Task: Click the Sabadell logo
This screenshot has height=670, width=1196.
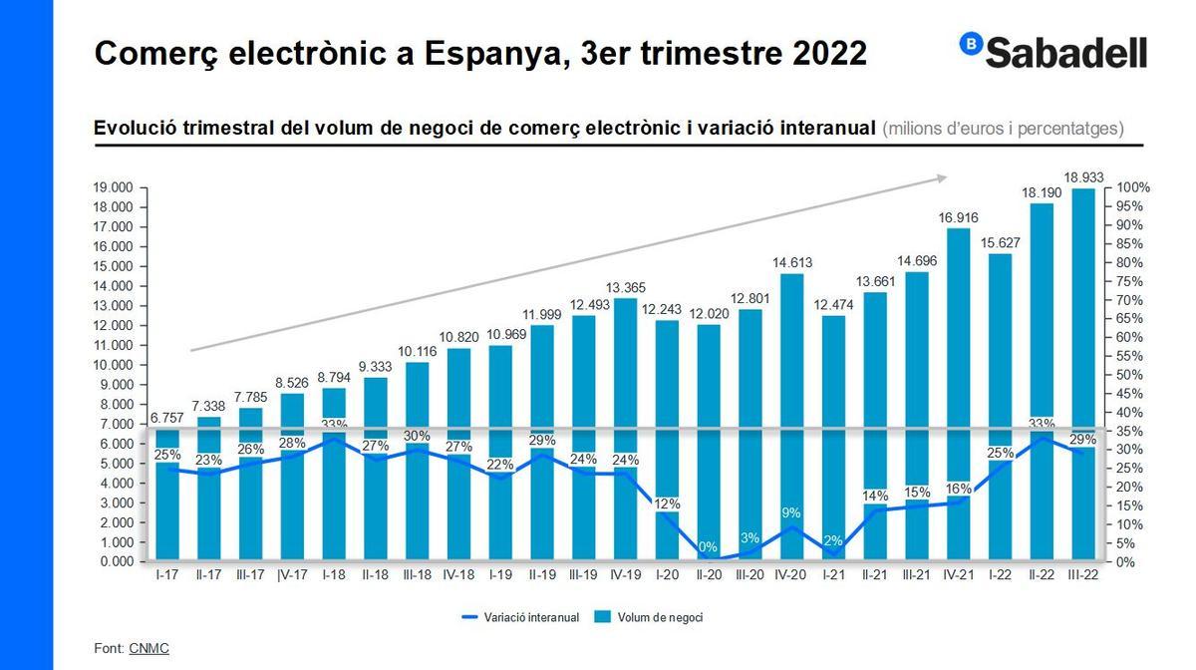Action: click(1053, 52)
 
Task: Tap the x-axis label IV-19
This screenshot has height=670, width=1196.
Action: click(625, 576)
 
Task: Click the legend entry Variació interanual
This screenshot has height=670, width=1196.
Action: click(520, 617)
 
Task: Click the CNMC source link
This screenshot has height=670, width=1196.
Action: click(149, 648)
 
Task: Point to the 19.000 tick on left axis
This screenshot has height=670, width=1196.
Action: click(114, 187)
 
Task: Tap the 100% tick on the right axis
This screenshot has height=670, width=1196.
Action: click(1132, 187)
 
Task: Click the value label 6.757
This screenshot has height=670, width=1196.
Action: click(167, 418)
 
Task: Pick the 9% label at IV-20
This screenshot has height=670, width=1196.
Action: click(791, 512)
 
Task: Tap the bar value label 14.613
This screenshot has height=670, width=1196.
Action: click(792, 262)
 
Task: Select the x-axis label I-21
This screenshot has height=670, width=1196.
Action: click(833, 576)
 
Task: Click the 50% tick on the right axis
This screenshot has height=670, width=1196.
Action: click(1129, 375)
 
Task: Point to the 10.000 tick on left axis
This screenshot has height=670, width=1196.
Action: click(114, 365)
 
